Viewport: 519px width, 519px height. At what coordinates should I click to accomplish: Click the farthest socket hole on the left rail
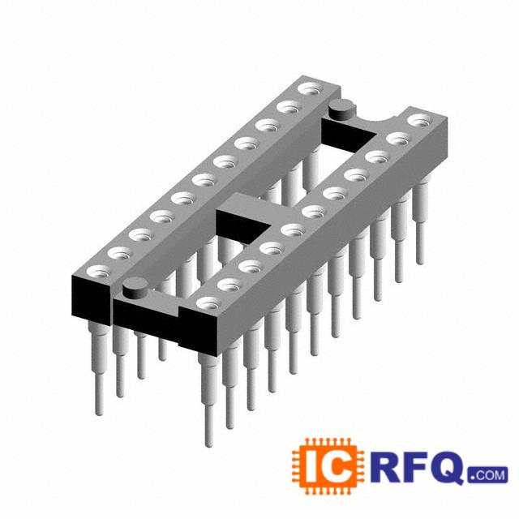311,89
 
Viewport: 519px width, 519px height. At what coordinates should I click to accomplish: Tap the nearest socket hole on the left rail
99,272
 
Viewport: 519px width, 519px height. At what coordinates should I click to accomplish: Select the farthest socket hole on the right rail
421,121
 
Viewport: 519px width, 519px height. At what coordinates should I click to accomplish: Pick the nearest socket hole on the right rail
209,303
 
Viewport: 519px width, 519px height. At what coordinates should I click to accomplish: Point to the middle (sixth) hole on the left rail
205,180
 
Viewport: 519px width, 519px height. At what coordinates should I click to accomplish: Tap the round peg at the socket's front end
135,286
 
